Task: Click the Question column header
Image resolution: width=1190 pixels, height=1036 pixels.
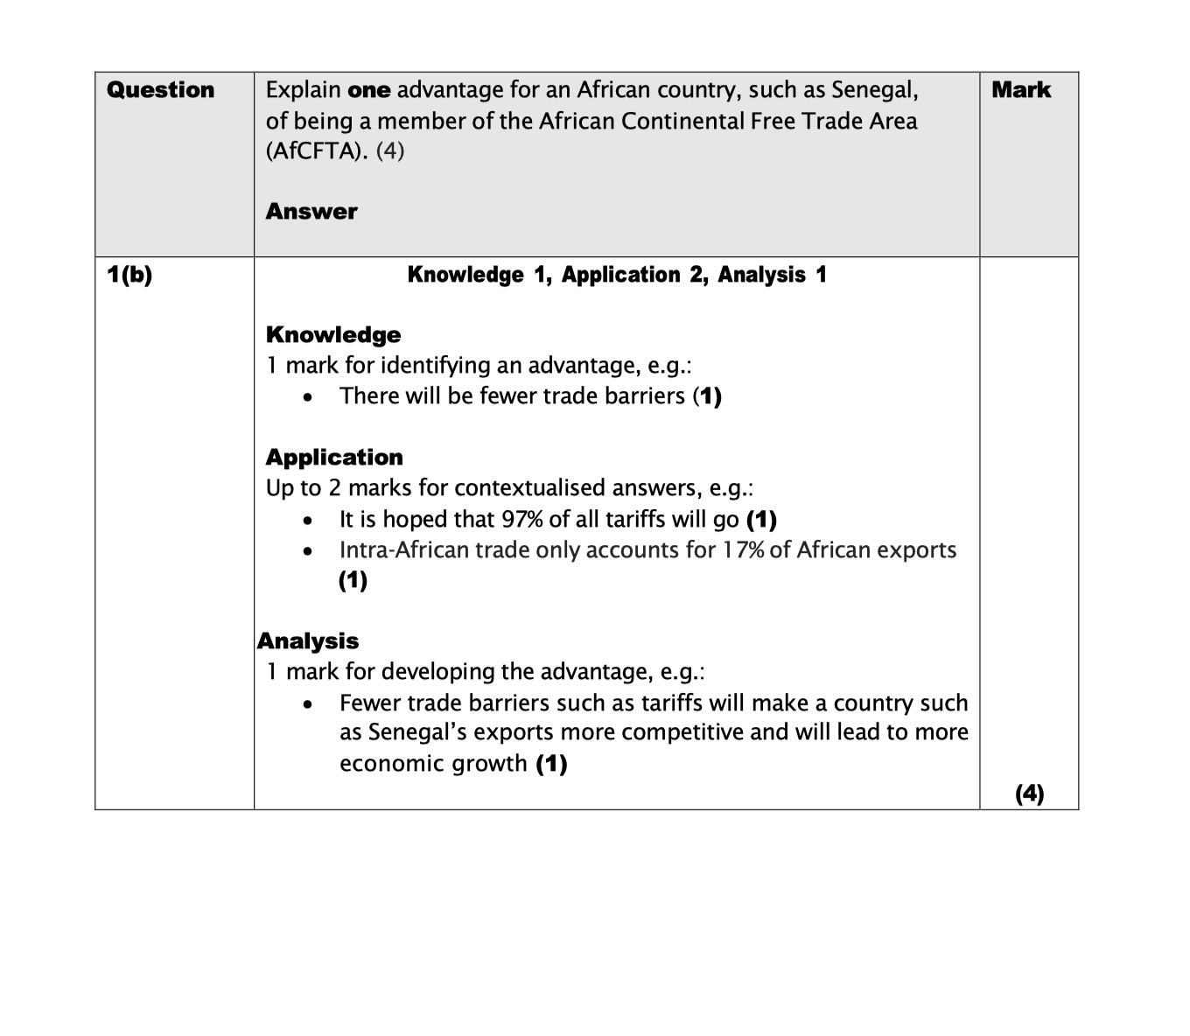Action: coord(160,90)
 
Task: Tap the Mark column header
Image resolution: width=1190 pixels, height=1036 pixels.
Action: coord(1021,90)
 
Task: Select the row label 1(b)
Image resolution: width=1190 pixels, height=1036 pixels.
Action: coord(129,275)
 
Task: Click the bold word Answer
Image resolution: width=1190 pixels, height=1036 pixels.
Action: coord(311,212)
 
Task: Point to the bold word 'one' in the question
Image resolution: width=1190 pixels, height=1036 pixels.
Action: coord(368,90)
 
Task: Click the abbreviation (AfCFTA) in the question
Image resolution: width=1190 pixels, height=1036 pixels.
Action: coord(317,150)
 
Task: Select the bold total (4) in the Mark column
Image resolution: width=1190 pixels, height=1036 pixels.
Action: coord(1029,794)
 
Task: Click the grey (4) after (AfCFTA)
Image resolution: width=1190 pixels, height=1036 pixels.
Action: coord(390,150)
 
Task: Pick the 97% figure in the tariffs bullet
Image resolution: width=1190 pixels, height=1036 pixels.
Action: coord(522,520)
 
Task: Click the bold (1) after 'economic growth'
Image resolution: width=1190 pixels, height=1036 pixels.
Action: coord(551,764)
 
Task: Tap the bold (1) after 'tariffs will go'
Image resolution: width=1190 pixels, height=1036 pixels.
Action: coord(761,520)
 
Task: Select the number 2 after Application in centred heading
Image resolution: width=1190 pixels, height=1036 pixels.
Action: coord(696,275)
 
